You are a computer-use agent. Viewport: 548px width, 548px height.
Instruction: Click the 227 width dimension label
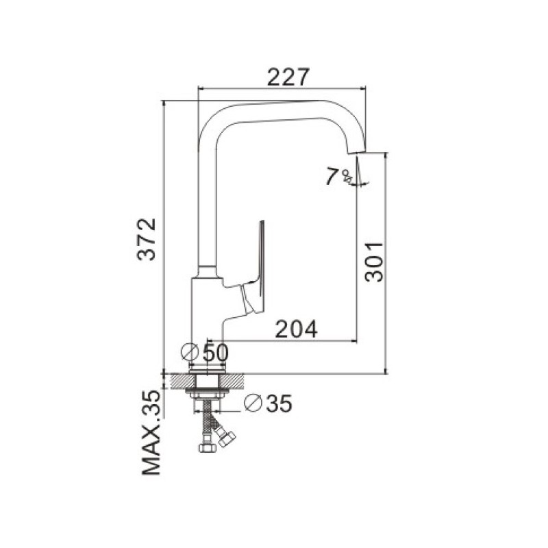pos(288,77)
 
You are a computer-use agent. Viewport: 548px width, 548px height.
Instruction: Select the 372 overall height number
pos(146,239)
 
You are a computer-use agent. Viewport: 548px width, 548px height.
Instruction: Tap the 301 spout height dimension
pos(373,262)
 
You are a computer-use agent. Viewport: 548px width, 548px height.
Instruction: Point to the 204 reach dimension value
pos(297,329)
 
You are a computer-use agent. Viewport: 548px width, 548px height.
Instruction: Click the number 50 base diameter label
pos(216,353)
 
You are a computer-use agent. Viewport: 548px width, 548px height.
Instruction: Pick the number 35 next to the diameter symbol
pos(279,403)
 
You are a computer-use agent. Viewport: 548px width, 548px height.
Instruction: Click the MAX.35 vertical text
pos(151,433)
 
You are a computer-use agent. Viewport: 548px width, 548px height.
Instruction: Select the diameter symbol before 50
pos(190,352)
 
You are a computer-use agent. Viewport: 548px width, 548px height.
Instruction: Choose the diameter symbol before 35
pos(253,403)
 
